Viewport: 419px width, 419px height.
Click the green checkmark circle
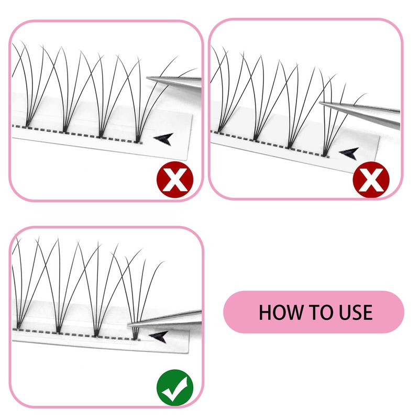point(174,388)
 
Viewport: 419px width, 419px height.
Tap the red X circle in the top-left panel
point(174,180)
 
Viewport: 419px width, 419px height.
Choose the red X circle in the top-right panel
point(371,180)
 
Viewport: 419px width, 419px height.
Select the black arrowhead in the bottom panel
point(158,336)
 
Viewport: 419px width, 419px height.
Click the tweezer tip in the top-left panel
point(149,79)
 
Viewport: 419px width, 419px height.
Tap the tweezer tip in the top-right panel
point(320,103)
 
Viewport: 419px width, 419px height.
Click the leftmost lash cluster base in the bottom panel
point(19,328)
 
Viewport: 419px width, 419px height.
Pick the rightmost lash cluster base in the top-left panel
point(138,139)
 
